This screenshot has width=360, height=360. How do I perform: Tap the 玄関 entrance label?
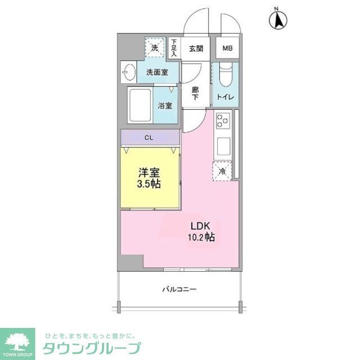[x=196, y=48]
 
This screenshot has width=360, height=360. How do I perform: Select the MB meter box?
[x=227, y=48]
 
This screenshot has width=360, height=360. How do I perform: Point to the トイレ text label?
[x=226, y=97]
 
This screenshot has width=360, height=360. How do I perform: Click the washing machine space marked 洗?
[x=154, y=48]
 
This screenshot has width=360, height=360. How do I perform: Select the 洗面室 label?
[x=157, y=72]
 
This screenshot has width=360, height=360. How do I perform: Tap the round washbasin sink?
[x=128, y=73]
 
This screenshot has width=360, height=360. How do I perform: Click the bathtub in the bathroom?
[x=139, y=106]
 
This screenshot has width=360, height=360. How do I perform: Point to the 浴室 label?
[x=165, y=105]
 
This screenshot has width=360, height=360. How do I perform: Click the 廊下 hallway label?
[x=195, y=93]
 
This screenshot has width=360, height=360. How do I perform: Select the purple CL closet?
[x=148, y=137]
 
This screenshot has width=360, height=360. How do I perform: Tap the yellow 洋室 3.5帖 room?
[x=149, y=177]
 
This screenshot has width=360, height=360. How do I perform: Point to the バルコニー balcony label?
[x=179, y=289]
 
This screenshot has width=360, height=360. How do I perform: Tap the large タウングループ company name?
[x=92, y=348]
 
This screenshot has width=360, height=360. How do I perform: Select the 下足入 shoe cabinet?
[x=174, y=48]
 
